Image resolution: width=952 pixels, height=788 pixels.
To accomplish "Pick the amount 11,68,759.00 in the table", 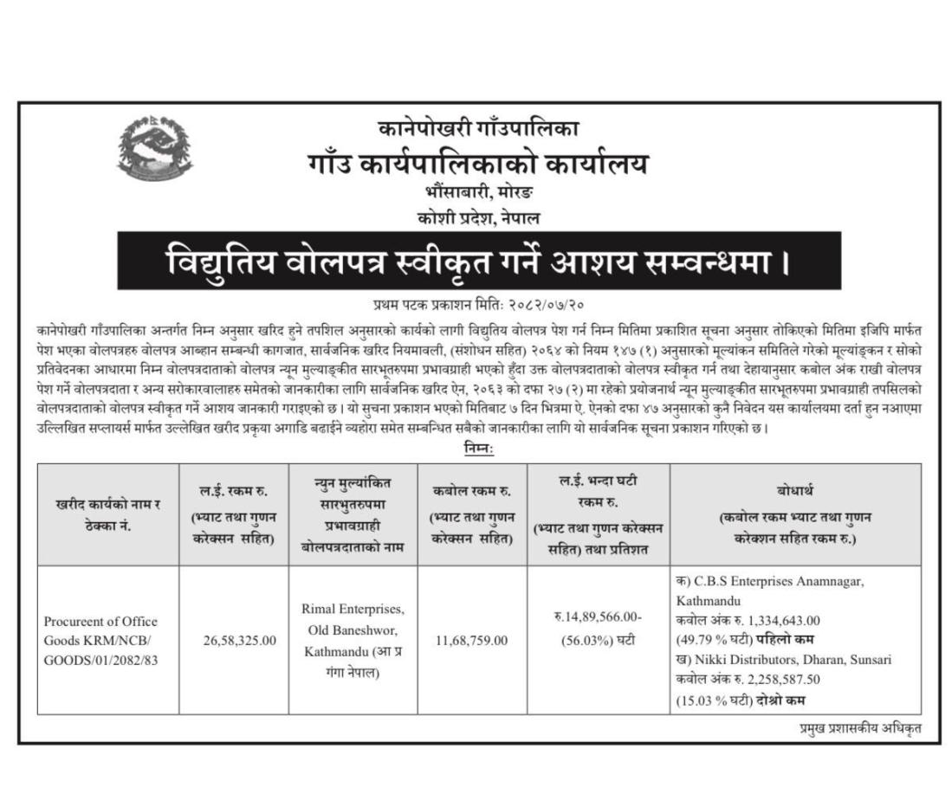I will click(472, 640).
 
